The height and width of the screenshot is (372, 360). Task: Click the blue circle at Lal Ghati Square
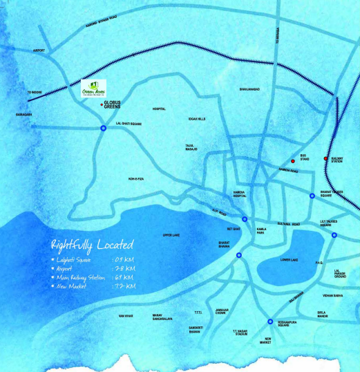[x=103, y=129]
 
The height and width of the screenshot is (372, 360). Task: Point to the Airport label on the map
[x=39, y=50]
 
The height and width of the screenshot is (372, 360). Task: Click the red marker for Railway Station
[x=326, y=159]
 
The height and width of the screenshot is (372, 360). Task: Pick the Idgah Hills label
[x=197, y=119]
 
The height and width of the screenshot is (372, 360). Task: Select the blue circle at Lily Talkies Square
[x=334, y=236]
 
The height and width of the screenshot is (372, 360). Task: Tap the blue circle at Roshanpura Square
[x=269, y=320]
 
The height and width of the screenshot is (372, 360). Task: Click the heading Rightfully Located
[x=92, y=244]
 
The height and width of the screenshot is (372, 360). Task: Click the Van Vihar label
[x=125, y=315]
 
